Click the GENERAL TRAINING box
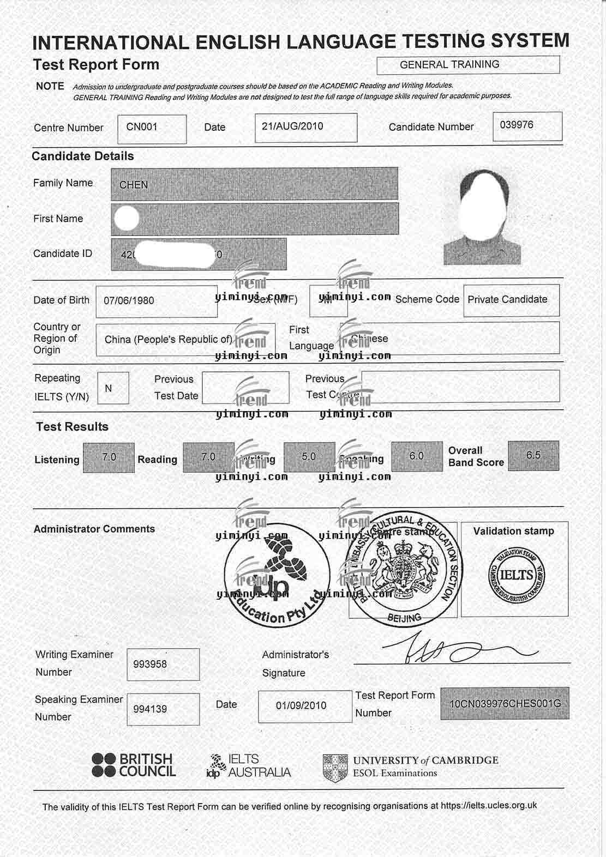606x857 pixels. pyautogui.click(x=467, y=64)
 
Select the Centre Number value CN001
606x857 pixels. pyautogui.click(x=142, y=127)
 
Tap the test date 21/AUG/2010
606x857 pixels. pyautogui.click(x=292, y=126)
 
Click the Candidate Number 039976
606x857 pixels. pyautogui.click(x=517, y=125)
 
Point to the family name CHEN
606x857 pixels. pyautogui.click(x=134, y=185)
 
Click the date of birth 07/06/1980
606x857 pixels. pyautogui.click(x=129, y=300)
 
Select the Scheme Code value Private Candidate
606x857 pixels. pyautogui.click(x=507, y=299)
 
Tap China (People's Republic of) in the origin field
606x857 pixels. pyautogui.click(x=169, y=339)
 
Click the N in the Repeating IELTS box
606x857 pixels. pyautogui.click(x=109, y=388)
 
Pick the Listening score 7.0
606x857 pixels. pyautogui.click(x=109, y=457)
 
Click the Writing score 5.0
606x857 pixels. pyautogui.click(x=309, y=456)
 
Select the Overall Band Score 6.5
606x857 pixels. pyautogui.click(x=533, y=455)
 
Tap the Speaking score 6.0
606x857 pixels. pyautogui.click(x=417, y=456)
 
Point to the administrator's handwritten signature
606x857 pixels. pyautogui.click(x=458, y=650)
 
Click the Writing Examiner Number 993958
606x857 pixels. pyautogui.click(x=150, y=664)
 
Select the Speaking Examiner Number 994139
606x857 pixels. pyautogui.click(x=150, y=709)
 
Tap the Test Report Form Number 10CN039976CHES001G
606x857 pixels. pyautogui.click(x=505, y=703)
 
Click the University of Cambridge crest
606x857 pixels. pyautogui.click(x=335, y=767)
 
